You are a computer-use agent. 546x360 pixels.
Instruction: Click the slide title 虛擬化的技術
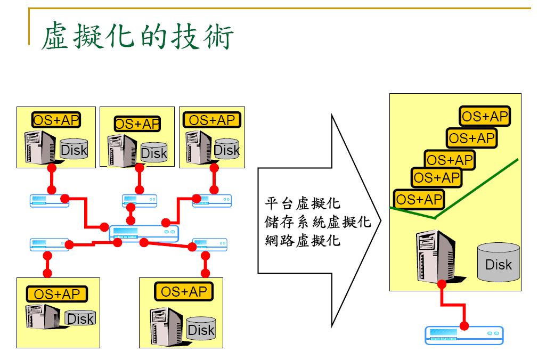coord(137,36)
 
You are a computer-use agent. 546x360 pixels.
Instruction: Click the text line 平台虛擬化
coord(303,204)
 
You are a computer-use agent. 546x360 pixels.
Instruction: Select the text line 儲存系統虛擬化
coord(317,222)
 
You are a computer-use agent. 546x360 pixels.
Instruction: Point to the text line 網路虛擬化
coord(303,240)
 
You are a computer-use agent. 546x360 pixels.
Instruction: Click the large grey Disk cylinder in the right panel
coord(499,262)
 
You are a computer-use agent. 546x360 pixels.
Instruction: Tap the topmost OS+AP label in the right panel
coord(485,116)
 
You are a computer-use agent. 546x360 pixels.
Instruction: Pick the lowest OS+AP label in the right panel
coord(419,199)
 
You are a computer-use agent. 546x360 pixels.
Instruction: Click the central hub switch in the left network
coord(144,233)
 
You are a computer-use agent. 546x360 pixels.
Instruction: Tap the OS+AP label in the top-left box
coord(56,120)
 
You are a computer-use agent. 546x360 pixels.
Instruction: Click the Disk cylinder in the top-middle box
coord(154,152)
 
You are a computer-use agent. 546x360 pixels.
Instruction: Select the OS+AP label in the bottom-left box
coord(56,294)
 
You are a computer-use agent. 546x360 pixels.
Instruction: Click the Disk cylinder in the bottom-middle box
coord(201,328)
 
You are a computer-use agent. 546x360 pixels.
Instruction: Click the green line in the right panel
coord(479,186)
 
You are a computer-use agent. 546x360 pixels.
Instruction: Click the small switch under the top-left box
coord(50,201)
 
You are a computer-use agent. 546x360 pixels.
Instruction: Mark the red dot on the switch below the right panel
coord(464,326)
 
